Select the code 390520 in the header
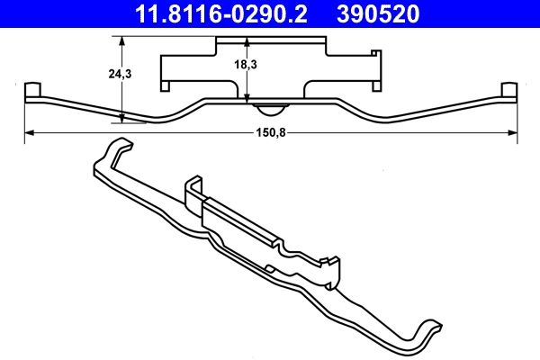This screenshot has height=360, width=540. click(x=391, y=13)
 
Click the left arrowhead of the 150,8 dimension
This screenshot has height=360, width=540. click(x=29, y=132)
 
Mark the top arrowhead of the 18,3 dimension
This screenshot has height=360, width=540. click(x=247, y=41)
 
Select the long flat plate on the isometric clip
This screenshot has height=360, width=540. click(x=238, y=220)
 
